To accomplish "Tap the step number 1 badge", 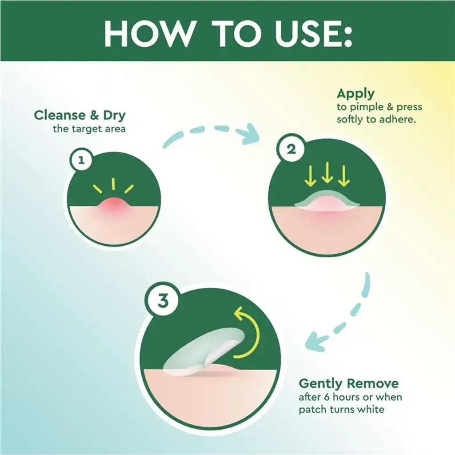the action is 81,160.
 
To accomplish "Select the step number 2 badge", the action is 291,149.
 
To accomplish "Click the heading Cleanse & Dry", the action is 80,115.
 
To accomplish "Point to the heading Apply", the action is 356,94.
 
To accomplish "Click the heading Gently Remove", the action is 348,383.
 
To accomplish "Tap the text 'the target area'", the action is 89,129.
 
